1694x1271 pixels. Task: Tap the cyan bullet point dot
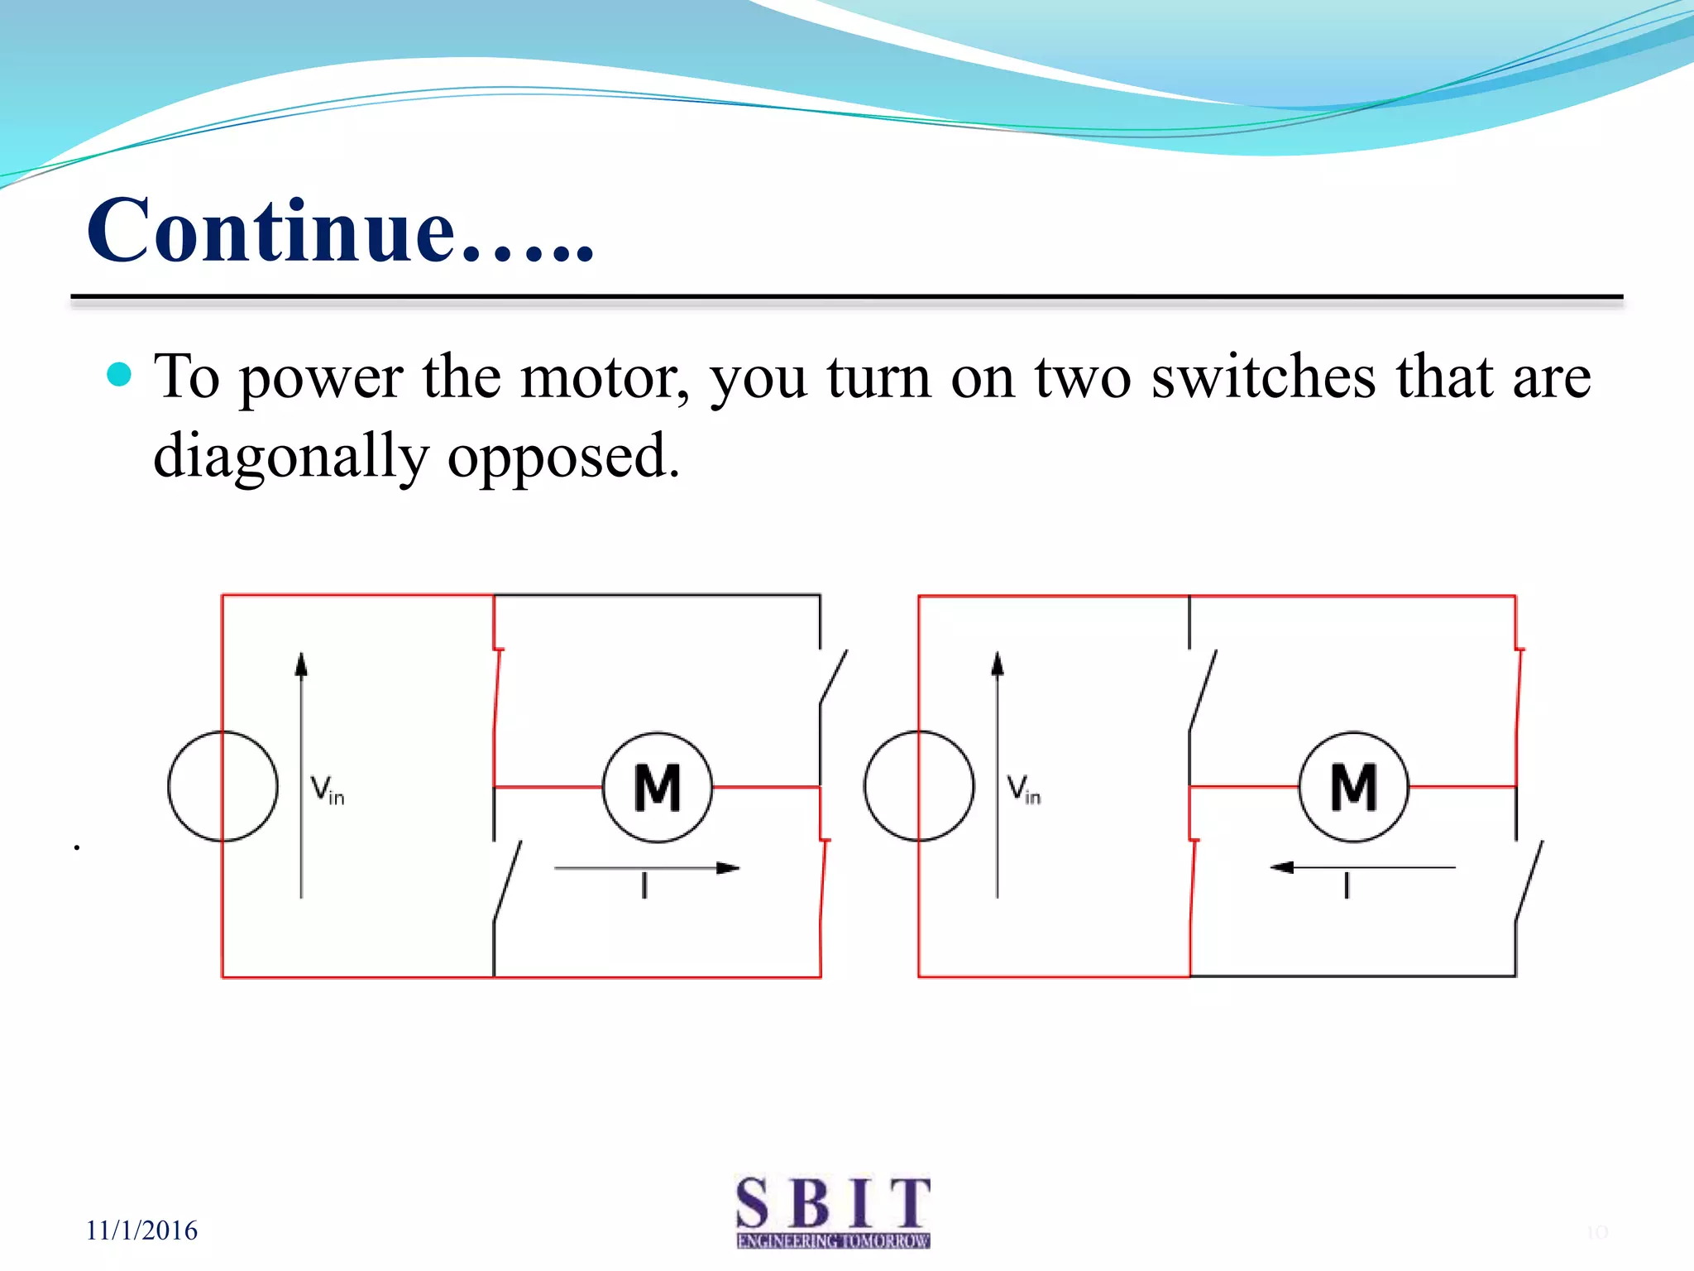point(120,375)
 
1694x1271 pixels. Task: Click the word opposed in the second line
point(562,458)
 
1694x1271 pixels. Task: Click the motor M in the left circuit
point(658,787)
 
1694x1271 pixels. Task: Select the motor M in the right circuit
point(1354,787)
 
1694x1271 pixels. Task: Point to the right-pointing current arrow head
point(728,868)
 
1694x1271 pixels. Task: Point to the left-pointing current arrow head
point(1282,867)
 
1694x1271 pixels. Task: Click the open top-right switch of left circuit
point(833,677)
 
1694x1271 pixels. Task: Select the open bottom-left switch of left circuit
point(507,880)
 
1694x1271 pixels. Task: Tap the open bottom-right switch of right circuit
point(1529,880)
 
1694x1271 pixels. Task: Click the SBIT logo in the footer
point(833,1211)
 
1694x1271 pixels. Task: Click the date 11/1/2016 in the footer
point(142,1230)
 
